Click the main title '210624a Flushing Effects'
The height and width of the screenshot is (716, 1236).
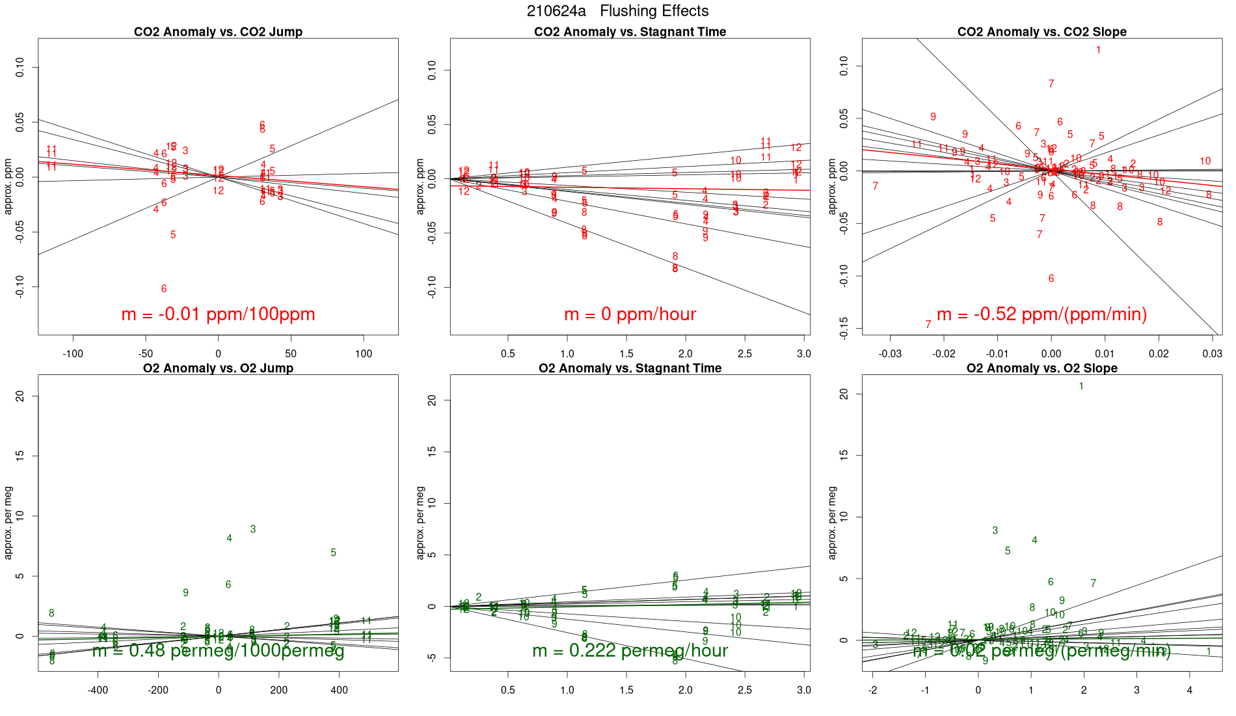coord(617,11)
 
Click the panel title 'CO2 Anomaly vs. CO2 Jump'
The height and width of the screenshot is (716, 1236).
coord(218,32)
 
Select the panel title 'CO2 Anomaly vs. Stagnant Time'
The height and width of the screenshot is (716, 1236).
coord(630,32)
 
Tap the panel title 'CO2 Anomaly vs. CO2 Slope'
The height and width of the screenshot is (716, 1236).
coord(1041,32)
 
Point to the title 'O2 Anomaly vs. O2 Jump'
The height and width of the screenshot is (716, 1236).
coord(218,368)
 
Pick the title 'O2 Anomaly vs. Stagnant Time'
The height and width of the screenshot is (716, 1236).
coord(630,368)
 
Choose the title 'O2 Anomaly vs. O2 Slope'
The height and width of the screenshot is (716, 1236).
coord(1041,368)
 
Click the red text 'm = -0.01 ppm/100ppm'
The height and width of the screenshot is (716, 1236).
coord(218,314)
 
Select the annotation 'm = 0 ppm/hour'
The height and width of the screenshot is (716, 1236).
coord(630,314)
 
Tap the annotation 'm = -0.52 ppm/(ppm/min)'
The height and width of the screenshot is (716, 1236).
coord(1041,314)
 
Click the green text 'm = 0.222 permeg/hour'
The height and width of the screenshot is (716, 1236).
coord(630,650)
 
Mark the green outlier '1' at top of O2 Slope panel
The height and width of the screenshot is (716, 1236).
coord(1081,387)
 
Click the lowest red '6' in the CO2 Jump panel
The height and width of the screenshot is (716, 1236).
coord(164,289)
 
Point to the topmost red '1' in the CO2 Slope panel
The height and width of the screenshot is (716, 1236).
coord(1098,50)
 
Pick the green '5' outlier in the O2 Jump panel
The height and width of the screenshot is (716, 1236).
coord(333,553)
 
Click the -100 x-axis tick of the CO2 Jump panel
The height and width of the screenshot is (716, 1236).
coord(73,354)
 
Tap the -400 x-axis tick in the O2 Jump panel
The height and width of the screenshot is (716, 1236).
coord(98,690)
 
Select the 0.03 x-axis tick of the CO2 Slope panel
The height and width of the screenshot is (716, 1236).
coord(1212,354)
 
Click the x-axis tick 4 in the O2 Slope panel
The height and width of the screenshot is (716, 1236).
coord(1190,690)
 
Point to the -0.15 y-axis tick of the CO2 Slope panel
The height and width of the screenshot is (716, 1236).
coord(844,329)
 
